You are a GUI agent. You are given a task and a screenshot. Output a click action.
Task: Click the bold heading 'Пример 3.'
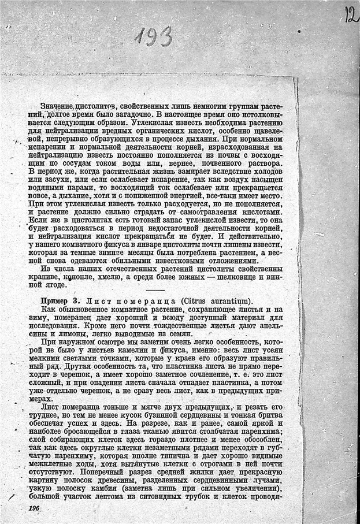pyautogui.click(x=60, y=301)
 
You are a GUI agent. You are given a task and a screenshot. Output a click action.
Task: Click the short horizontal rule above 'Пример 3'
pyautogui.click(x=155, y=289)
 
